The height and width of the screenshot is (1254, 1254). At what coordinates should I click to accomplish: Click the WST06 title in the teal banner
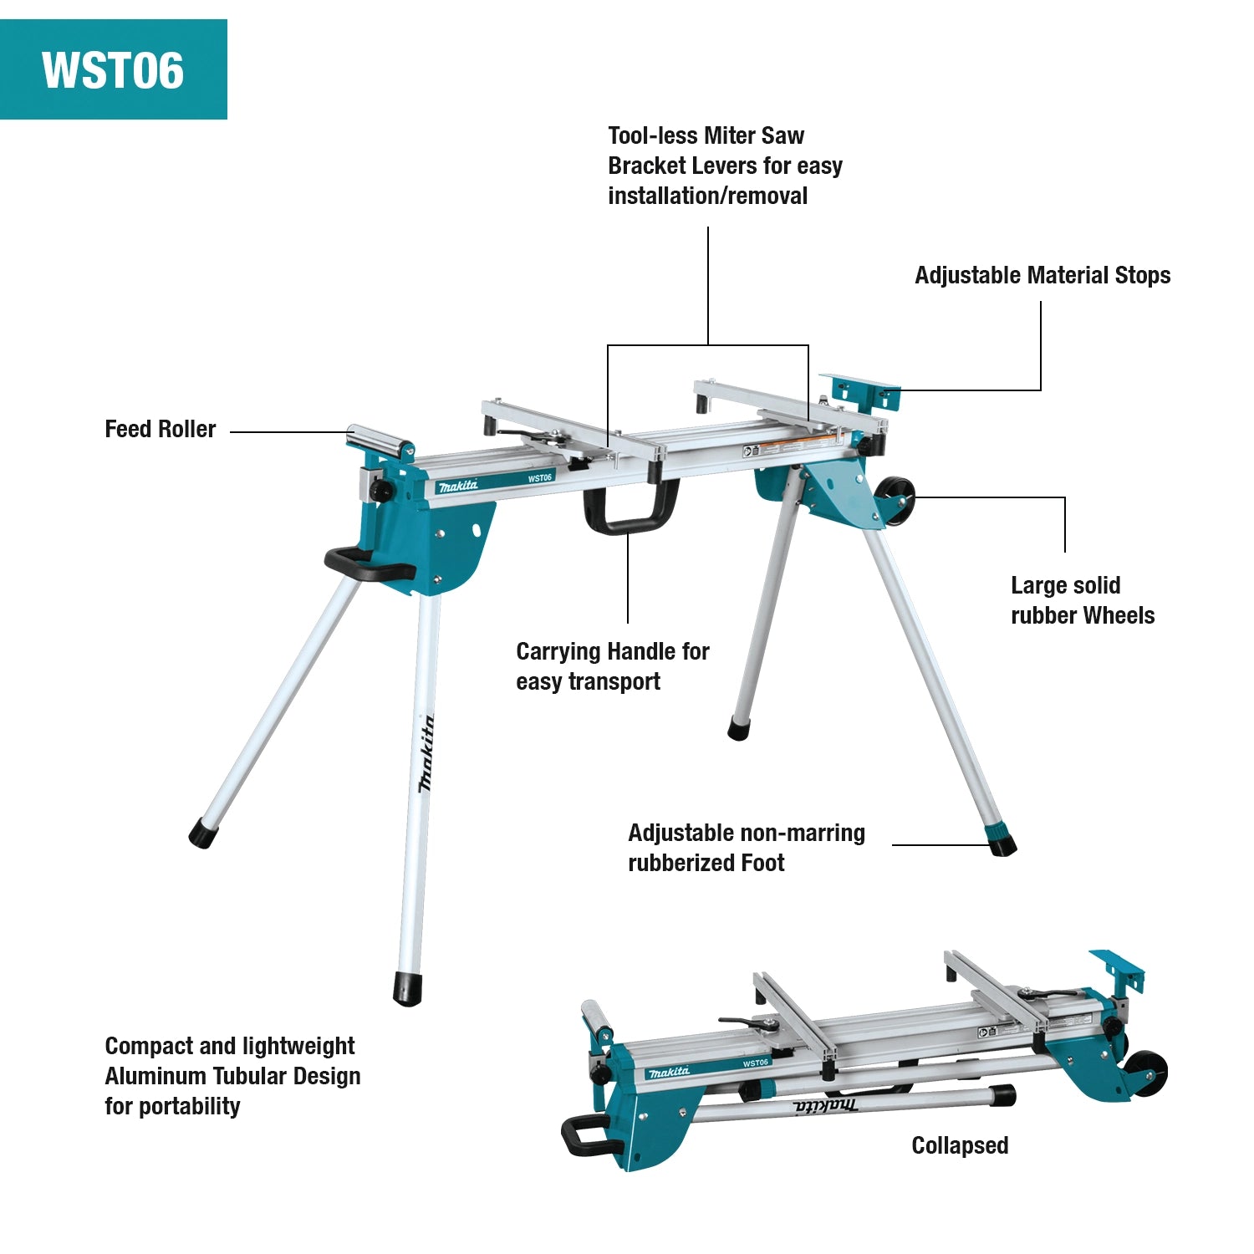click(113, 69)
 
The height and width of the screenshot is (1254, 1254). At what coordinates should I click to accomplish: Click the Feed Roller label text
click(160, 429)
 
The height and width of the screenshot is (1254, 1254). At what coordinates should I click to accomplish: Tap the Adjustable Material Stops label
click(1042, 275)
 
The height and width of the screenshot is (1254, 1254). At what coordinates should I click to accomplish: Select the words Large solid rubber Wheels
click(1082, 600)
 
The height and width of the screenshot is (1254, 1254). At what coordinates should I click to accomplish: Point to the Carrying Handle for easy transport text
click(612, 666)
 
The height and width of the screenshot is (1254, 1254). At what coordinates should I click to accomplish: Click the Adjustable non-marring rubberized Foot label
click(746, 848)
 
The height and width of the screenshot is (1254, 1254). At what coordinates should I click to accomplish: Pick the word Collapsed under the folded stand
click(959, 1145)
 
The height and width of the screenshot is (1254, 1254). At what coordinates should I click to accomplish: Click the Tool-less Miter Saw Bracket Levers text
click(724, 166)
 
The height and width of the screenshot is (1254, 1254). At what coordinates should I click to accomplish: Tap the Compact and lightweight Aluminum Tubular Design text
click(232, 1076)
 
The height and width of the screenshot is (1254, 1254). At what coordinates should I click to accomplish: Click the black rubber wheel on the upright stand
click(894, 501)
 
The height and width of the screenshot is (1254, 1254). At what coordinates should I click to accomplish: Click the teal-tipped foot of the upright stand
click(1001, 839)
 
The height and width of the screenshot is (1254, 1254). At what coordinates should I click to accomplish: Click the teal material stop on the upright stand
click(861, 392)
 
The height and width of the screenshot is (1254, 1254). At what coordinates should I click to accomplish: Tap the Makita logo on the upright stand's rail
click(458, 486)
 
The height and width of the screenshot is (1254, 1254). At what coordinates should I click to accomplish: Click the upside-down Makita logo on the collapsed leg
click(824, 1106)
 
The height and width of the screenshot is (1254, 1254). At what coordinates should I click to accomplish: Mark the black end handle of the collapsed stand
click(584, 1136)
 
